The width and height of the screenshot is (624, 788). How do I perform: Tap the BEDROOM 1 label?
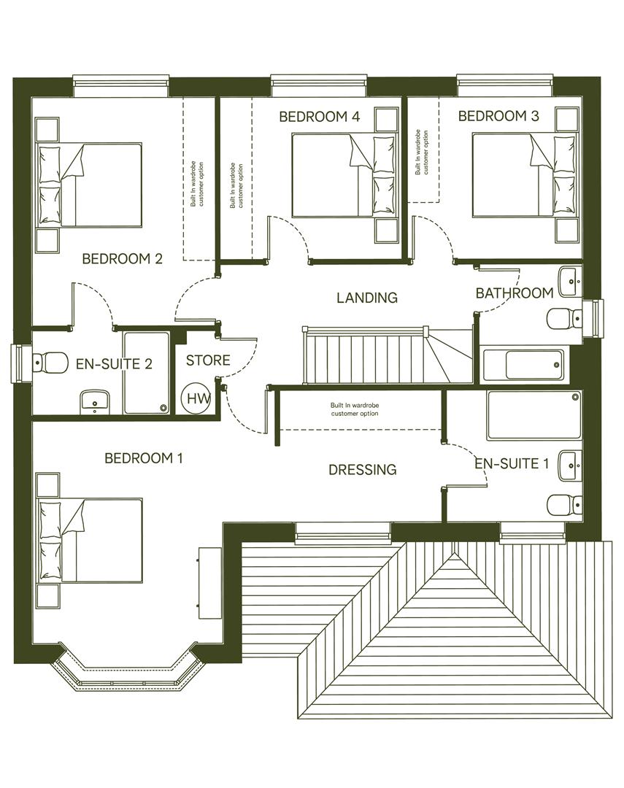point(143,458)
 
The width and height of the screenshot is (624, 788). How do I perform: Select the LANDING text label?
point(366,298)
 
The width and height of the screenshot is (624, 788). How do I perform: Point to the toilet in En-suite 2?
point(47,360)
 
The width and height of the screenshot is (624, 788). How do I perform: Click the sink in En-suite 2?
point(95,401)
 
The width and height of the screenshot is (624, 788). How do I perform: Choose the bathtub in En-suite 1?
point(534,415)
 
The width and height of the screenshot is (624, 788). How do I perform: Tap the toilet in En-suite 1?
point(565,504)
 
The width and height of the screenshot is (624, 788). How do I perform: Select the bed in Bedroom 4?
point(343,175)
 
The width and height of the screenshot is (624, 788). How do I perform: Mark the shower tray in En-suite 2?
point(146,372)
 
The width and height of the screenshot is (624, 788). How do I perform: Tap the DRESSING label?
point(362,470)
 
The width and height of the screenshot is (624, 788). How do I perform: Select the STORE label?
point(208,360)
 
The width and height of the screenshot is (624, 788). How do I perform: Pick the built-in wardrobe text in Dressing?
point(355,409)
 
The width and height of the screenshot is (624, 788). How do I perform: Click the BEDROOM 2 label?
point(121,259)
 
